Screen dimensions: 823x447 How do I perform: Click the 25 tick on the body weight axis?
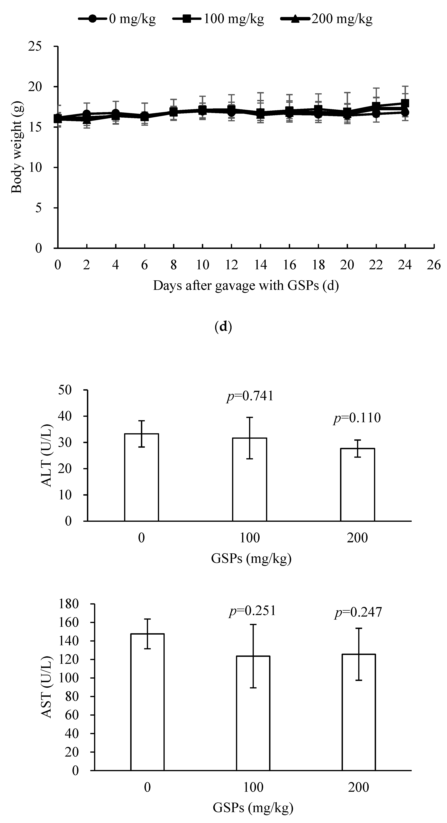click(35, 47)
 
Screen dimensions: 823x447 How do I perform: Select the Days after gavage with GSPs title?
click(246, 285)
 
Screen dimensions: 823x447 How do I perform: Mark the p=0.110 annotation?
click(357, 418)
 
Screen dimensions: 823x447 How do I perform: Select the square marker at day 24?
click(405, 103)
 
